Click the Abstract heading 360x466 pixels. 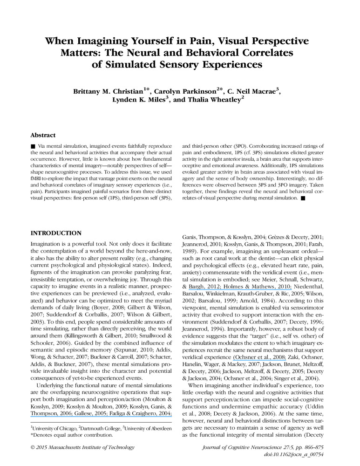[43, 135]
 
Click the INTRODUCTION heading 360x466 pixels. [56, 233]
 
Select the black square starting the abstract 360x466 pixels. [33, 146]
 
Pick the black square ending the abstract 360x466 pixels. [303, 198]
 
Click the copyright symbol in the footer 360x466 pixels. [33, 448]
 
